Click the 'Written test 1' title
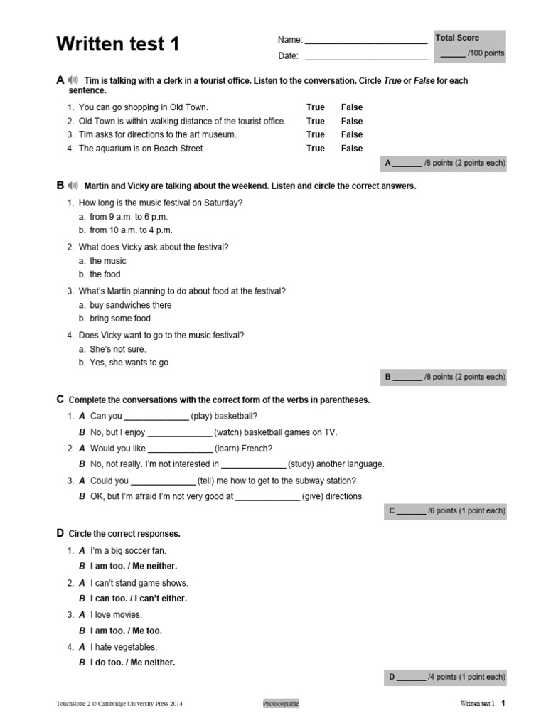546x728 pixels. (118, 45)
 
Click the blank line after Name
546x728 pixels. (365, 41)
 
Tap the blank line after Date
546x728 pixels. (365, 57)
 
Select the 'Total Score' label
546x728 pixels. (457, 38)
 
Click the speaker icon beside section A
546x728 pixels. (73, 80)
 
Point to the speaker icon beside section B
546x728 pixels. (73, 186)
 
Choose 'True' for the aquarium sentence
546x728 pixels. (315, 149)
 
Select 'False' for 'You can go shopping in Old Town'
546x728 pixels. (351, 107)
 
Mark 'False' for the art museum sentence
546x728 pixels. (351, 134)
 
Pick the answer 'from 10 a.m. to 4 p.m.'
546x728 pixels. (131, 230)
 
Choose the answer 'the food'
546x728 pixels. (105, 274)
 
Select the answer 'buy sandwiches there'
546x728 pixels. (130, 305)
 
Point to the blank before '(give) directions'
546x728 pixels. (267, 498)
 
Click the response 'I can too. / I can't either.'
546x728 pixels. (138, 599)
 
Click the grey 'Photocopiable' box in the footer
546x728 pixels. (281, 704)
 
